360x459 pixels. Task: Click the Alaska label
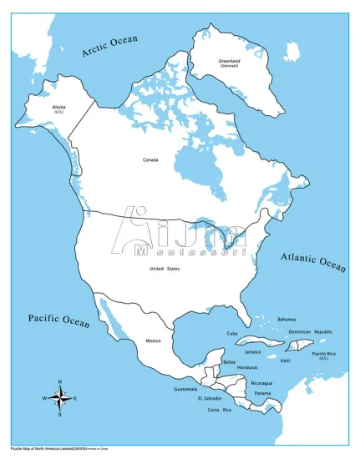[x=59, y=107]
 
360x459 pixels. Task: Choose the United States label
[x=165, y=268]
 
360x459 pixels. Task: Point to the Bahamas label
[x=286, y=319]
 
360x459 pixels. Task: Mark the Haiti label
[x=286, y=361]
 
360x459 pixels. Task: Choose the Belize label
[x=229, y=361]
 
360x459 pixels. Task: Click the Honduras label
[x=246, y=368]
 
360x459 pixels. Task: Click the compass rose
[x=59, y=397]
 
